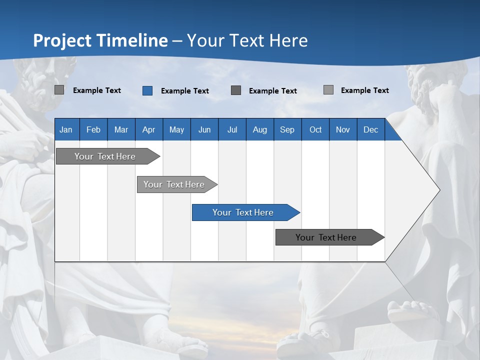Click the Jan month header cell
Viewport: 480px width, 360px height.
point(66,129)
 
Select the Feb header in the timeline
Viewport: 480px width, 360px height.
point(93,129)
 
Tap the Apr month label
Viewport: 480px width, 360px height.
point(149,129)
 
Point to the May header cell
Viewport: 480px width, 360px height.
point(176,129)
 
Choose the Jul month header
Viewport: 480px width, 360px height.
point(232,129)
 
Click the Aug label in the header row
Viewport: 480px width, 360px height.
point(260,129)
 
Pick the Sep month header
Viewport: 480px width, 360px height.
point(287,129)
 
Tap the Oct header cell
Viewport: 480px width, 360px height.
point(315,129)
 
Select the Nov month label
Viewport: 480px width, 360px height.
point(343,129)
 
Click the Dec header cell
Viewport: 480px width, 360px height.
point(371,129)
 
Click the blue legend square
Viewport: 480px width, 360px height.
point(147,90)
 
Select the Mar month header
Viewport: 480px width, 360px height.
point(121,129)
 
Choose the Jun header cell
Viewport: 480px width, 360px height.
point(204,129)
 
